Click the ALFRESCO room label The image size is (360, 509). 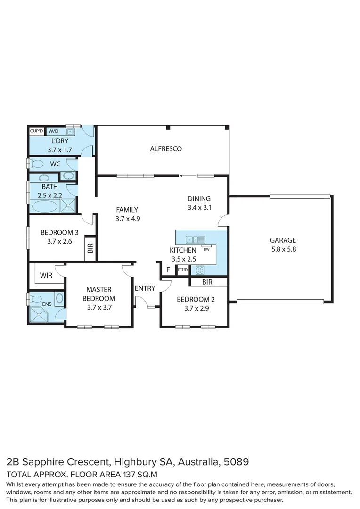click(166, 149)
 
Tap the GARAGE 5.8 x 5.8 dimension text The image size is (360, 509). click(283, 250)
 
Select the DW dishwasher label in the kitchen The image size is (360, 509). click(206, 249)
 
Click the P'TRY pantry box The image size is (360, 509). click(182, 270)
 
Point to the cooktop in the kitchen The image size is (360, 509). click(200, 270)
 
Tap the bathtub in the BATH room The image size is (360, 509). click(44, 206)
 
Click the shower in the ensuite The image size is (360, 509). click(41, 314)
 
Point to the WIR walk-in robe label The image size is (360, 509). click(46, 275)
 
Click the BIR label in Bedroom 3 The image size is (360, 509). click(90, 248)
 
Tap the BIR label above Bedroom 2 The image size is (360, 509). click(207, 282)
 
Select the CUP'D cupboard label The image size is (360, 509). click(37, 131)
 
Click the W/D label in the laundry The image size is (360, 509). click(54, 131)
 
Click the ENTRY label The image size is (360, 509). click(145, 288)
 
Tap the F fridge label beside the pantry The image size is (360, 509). click(167, 270)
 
